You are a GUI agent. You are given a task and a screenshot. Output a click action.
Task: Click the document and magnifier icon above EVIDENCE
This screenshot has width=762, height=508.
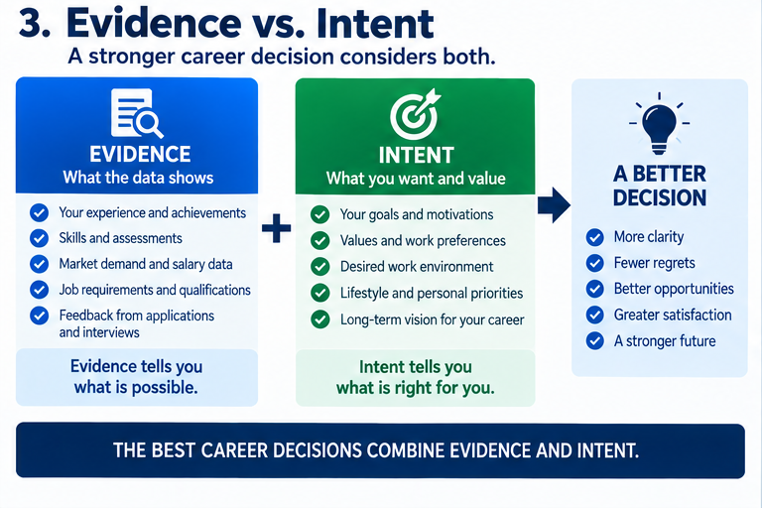pyautogui.click(x=137, y=113)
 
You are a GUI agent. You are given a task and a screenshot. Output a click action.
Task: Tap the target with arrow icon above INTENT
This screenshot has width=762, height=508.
pyautogui.click(x=415, y=114)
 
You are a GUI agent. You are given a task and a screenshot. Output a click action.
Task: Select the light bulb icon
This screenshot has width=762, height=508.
pyautogui.click(x=659, y=124)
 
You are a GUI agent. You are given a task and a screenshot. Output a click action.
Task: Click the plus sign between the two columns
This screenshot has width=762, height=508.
pyautogui.click(x=277, y=228)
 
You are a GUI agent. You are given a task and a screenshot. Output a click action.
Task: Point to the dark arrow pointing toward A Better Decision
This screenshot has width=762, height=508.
pyautogui.click(x=554, y=205)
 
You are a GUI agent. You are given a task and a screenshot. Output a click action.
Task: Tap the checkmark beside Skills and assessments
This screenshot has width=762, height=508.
pyautogui.click(x=39, y=238)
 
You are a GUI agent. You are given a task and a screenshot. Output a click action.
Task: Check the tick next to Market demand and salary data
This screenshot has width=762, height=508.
pyautogui.click(x=39, y=264)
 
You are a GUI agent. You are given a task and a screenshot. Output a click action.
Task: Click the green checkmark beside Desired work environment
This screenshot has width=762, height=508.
pyautogui.click(x=319, y=267)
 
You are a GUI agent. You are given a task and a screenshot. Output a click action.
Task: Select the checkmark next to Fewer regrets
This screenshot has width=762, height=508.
pyautogui.click(x=595, y=263)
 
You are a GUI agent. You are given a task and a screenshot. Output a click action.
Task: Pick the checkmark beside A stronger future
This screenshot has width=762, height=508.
pyautogui.click(x=595, y=340)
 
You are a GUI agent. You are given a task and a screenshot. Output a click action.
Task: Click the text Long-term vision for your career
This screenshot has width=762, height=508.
pyautogui.click(x=432, y=319)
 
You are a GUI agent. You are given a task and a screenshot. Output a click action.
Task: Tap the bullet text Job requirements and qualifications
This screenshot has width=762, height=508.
pyautogui.click(x=155, y=291)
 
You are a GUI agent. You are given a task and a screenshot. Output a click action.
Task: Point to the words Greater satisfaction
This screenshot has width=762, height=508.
pyautogui.click(x=673, y=315)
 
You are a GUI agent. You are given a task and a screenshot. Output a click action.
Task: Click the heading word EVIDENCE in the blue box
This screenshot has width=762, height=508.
pyautogui.click(x=141, y=154)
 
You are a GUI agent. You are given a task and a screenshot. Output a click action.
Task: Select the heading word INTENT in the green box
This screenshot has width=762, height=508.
pyautogui.click(x=417, y=156)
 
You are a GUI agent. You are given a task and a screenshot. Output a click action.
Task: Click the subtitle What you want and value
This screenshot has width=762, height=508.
pyautogui.click(x=416, y=179)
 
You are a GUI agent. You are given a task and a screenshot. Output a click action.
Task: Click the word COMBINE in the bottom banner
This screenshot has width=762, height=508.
pyautogui.click(x=405, y=450)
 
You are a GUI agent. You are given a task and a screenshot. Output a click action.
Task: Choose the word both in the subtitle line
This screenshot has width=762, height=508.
pyautogui.click(x=469, y=57)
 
